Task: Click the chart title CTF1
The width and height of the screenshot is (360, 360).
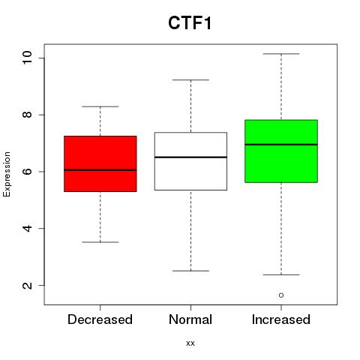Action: [x=190, y=23]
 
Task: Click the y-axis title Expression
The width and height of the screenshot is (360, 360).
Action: [x=7, y=174]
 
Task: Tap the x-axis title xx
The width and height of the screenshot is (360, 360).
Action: [x=190, y=343]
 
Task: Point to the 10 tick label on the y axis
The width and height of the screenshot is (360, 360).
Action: [x=28, y=58]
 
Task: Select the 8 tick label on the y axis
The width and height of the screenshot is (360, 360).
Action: [x=28, y=115]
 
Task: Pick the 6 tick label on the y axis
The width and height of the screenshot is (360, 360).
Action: [x=28, y=172]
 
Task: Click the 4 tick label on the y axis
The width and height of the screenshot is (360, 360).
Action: [x=28, y=228]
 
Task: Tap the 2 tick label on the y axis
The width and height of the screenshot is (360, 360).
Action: [x=28, y=285]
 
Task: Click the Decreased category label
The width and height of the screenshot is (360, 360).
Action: [x=100, y=319]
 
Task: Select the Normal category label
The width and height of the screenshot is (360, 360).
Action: [x=190, y=319]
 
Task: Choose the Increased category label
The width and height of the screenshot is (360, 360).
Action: [x=281, y=319]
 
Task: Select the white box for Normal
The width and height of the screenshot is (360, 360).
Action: [x=190, y=161]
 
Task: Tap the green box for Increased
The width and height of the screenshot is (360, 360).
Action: [x=281, y=151]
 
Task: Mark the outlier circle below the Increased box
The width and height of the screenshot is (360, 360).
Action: [x=281, y=295]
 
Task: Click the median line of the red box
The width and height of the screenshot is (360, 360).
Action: [x=100, y=170]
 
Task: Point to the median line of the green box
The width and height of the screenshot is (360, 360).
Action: [x=281, y=145]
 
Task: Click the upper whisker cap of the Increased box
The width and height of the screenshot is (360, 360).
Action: [x=281, y=54]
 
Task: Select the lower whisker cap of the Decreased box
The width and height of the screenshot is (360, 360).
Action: [x=100, y=242]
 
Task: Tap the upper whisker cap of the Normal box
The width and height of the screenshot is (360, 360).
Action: [x=190, y=79]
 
